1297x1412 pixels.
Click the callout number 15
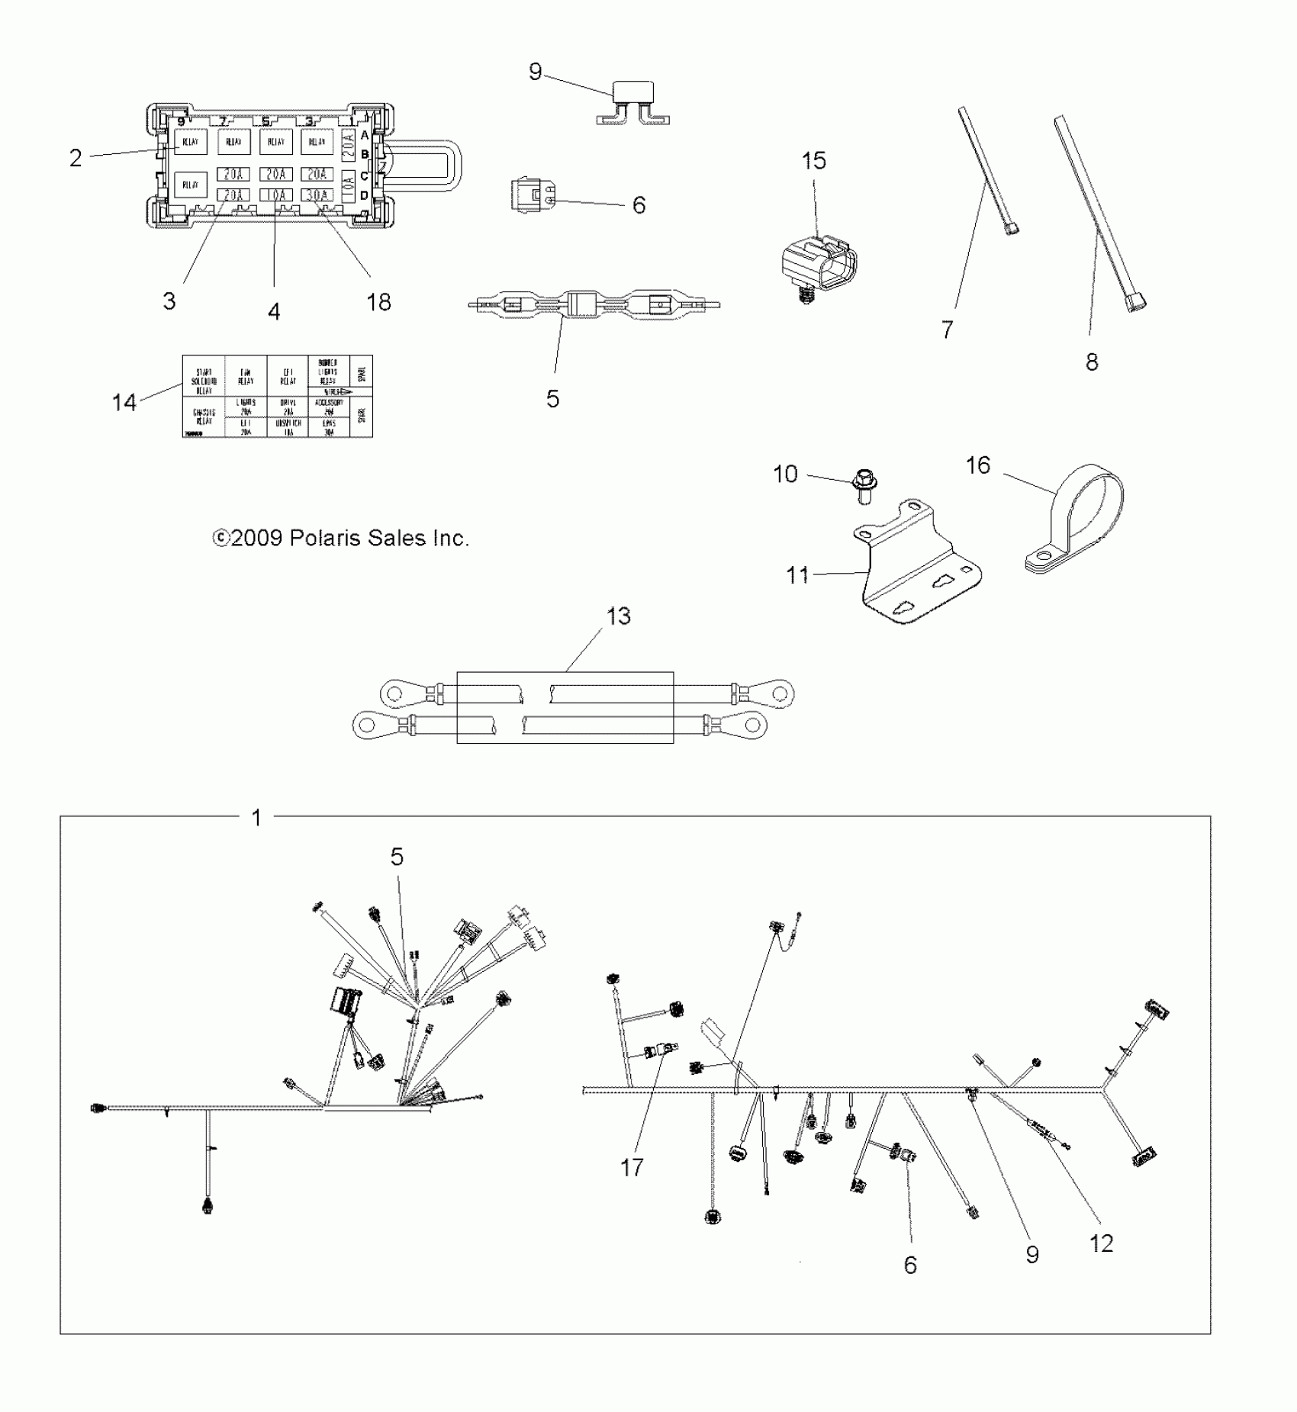814,161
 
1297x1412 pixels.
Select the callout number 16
978,465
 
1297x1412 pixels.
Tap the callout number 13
619,616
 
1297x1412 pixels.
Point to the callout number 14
124,402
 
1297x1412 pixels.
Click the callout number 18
378,302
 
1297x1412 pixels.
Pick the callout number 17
632,1167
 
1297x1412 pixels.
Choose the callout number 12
1102,1243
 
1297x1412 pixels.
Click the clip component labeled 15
815,263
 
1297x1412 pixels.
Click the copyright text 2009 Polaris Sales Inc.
341,539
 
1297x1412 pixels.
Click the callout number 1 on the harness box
256,819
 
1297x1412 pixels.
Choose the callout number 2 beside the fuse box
76,158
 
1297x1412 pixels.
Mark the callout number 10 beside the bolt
785,474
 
